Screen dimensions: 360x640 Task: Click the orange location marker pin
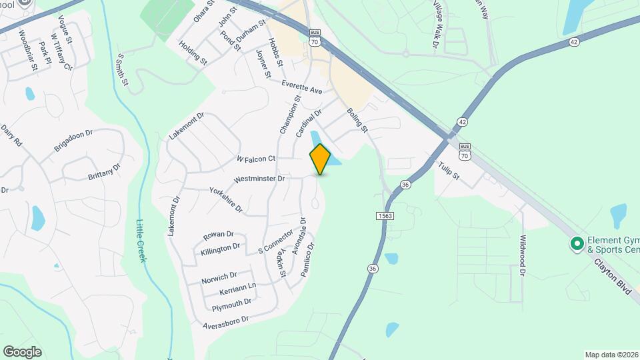click(x=321, y=159)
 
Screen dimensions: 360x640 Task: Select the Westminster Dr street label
click(x=259, y=179)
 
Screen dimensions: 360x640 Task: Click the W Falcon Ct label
click(x=256, y=159)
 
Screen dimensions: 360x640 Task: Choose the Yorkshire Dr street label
click(x=225, y=199)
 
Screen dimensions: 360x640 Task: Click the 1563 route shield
click(x=385, y=216)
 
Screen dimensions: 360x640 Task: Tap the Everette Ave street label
click(x=301, y=90)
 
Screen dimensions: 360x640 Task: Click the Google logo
click(x=22, y=351)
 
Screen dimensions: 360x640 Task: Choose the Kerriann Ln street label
click(x=237, y=290)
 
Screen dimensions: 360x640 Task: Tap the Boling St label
click(x=357, y=121)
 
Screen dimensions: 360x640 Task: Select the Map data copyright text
click(x=611, y=354)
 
